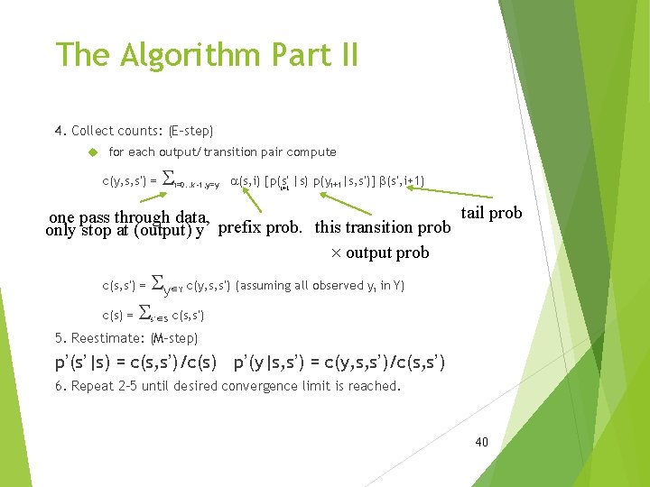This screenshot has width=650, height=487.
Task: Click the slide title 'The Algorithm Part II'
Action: [x=207, y=55]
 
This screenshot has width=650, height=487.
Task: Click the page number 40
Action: [x=481, y=442]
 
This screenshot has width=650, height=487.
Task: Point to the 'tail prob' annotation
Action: [x=491, y=213]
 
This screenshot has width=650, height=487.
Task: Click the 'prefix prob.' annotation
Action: [x=264, y=226]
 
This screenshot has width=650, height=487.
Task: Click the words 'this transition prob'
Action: [x=382, y=226]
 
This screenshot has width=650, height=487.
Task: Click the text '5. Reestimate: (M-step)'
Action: [x=126, y=338]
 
